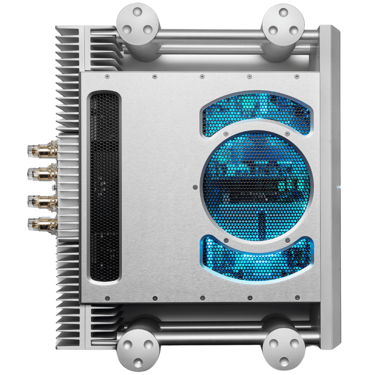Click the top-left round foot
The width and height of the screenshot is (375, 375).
click(138, 22)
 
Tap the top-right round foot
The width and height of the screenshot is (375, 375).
click(283, 22)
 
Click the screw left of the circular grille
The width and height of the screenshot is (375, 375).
click(195, 187)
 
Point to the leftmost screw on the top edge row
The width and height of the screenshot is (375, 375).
click(107, 76)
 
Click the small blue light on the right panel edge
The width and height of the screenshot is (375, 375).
click(338, 187)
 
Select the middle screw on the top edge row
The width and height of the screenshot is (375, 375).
click(202, 76)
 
